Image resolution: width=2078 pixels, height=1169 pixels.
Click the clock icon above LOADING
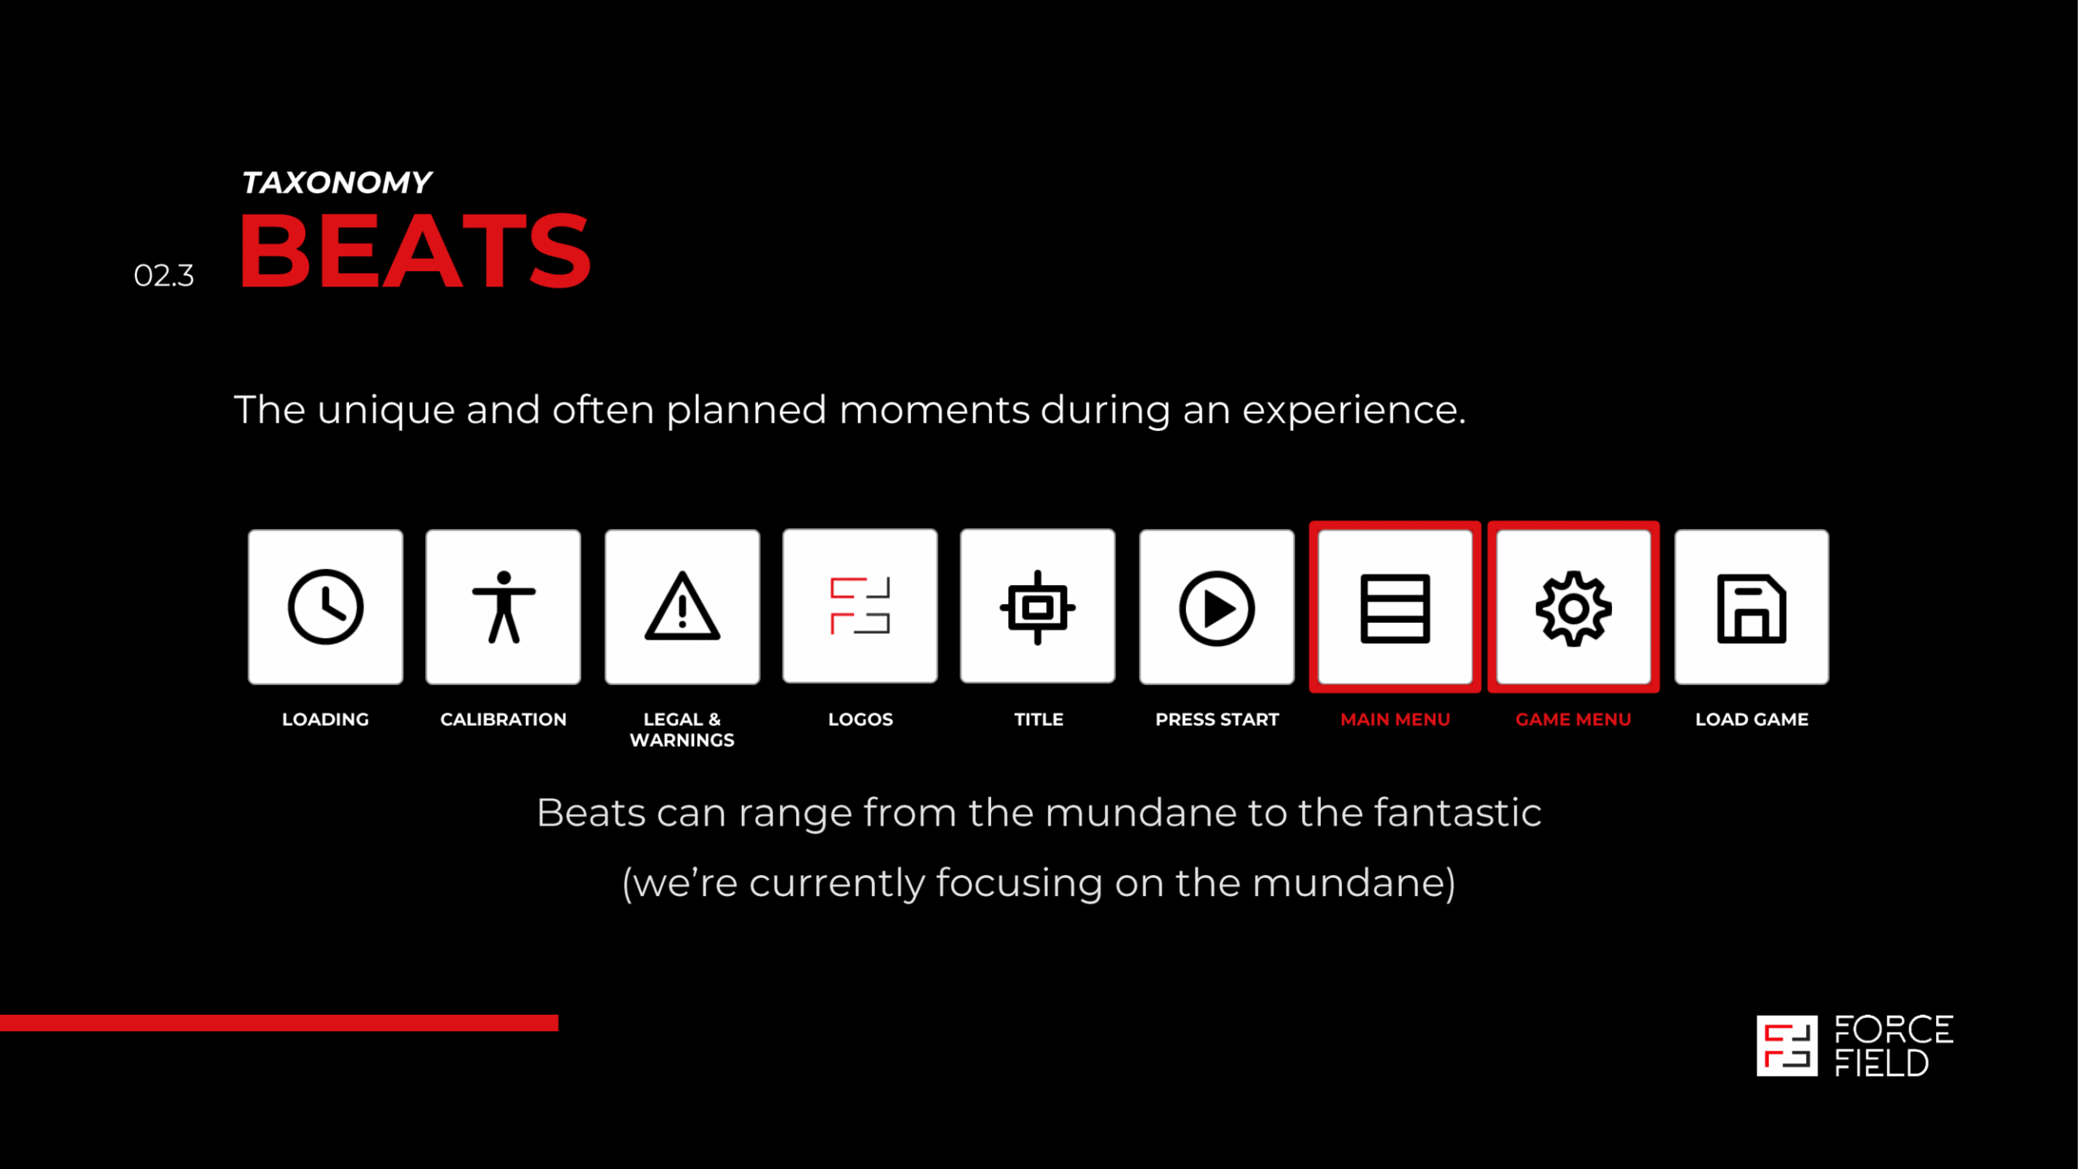coord(325,607)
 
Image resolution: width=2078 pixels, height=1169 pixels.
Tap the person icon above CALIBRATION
coord(503,607)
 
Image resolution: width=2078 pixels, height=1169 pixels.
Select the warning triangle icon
coord(682,606)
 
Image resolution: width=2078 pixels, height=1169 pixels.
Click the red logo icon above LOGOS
coord(860,606)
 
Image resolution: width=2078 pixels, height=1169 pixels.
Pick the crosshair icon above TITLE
coord(1037,607)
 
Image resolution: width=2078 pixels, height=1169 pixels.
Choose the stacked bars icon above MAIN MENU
coord(1395,609)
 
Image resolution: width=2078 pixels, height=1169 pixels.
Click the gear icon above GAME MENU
coord(1573,609)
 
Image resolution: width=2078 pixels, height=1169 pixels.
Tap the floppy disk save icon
coord(1752,609)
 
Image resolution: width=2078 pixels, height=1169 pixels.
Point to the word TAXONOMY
coord(337,183)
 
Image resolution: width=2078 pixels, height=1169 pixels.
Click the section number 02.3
coord(164,276)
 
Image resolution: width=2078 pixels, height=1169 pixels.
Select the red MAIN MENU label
coord(1395,719)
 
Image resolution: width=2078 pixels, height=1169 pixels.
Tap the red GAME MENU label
coord(1573,719)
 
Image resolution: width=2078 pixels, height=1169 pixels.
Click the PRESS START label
coord(1217,719)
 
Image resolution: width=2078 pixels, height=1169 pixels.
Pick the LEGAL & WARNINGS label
coord(682,730)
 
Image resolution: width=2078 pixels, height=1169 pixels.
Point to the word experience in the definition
coord(1353,411)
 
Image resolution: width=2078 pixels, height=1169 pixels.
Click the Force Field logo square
coord(1787,1046)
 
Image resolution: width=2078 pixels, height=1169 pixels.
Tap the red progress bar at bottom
coord(279,1023)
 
